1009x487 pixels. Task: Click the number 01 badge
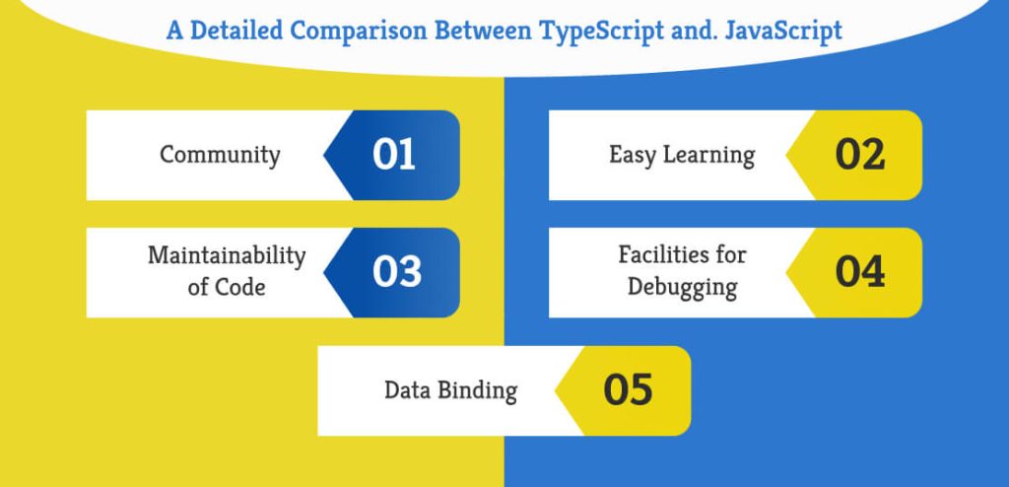394,156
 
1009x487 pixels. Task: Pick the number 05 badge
628,390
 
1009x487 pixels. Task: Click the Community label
220,155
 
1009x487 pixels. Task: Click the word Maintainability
227,256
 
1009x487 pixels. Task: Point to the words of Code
227,288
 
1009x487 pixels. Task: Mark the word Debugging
682,288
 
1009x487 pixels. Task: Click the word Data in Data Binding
406,390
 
